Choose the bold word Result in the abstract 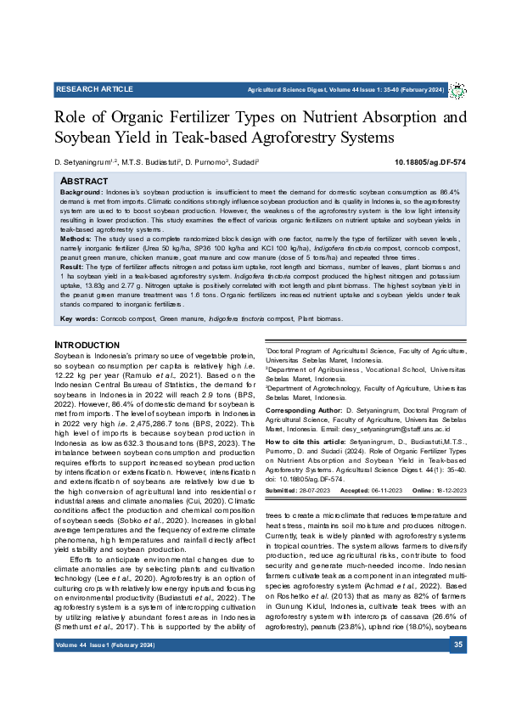point(72,268)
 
